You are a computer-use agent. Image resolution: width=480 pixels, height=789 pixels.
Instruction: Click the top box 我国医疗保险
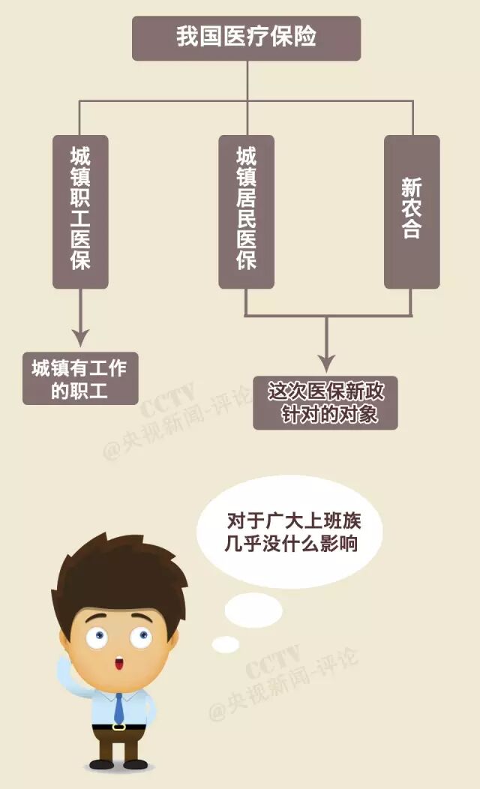coord(246,37)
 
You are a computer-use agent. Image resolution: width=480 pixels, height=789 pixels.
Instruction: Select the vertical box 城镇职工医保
coord(80,211)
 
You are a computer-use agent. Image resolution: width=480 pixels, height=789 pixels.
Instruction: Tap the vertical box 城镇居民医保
coord(246,211)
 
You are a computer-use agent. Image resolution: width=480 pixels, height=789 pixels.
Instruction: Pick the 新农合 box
coord(412,211)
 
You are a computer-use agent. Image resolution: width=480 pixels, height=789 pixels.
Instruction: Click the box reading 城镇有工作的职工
coord(80,379)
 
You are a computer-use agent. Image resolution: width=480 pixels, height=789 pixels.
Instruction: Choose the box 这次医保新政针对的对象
coord(325,402)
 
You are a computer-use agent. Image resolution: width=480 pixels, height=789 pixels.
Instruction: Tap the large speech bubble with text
coord(289,531)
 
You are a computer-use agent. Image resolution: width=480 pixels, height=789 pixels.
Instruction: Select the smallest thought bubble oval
coord(225,644)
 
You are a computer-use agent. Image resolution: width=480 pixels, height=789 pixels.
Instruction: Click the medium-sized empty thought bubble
coord(253,609)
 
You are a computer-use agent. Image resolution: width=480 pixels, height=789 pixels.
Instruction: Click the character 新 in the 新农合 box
coord(411,187)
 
